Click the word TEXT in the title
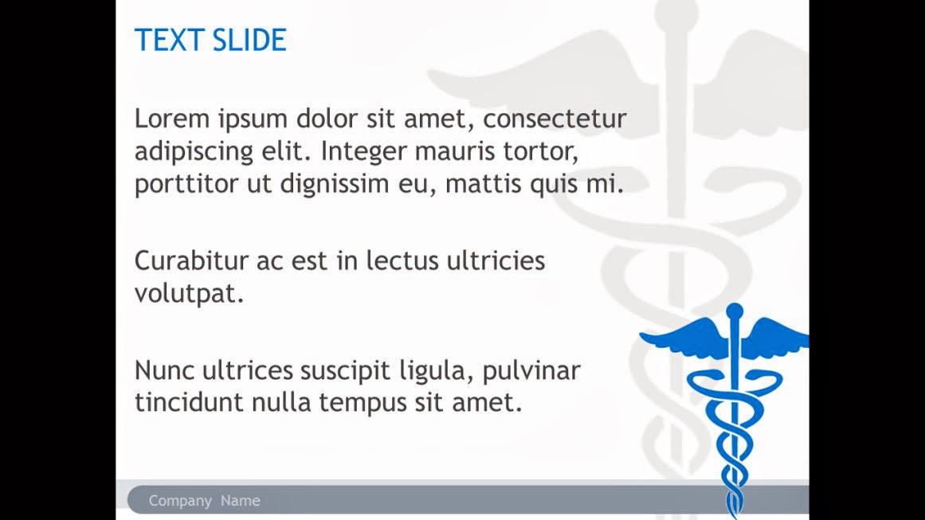click(x=170, y=40)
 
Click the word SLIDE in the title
click(x=249, y=40)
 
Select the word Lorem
click(x=171, y=119)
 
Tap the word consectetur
click(x=555, y=119)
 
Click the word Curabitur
click(x=192, y=260)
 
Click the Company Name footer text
click(x=204, y=501)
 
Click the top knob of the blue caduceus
click(x=735, y=311)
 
